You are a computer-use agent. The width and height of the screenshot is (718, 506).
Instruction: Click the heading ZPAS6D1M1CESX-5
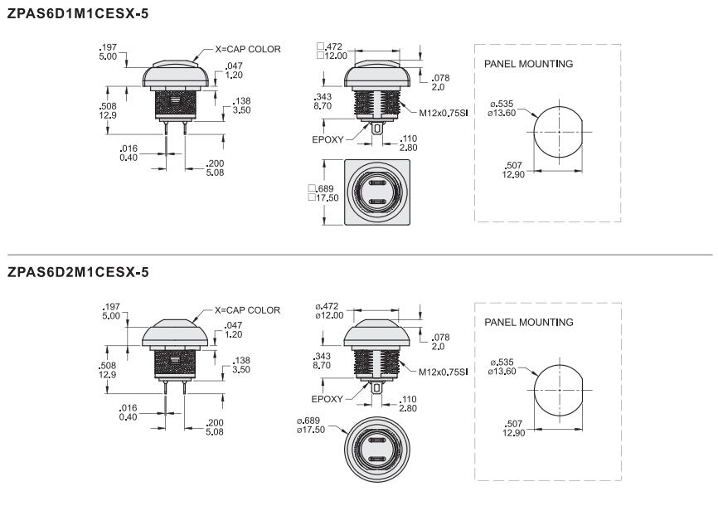[x=78, y=14]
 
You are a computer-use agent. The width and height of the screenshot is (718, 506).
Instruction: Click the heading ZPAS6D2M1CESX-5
[x=78, y=272]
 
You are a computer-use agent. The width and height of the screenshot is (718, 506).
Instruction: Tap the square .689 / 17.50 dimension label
[x=323, y=193]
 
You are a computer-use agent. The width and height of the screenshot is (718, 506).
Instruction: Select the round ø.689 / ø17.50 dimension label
[x=311, y=426]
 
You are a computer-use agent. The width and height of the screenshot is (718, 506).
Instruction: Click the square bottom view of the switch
[x=377, y=192]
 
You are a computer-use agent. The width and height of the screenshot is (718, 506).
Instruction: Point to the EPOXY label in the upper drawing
[x=327, y=140]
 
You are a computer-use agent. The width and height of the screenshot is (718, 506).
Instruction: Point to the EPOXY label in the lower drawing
[x=327, y=399]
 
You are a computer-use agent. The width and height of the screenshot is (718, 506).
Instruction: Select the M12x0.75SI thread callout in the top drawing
[x=444, y=113]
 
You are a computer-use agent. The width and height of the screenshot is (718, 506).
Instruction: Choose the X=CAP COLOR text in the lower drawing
[x=247, y=310]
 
